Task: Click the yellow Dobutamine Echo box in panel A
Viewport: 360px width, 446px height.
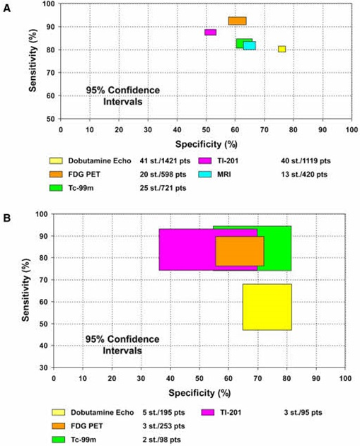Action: [281, 49]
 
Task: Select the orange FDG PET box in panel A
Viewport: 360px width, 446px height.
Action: [237, 20]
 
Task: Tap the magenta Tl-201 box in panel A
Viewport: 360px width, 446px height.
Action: [210, 33]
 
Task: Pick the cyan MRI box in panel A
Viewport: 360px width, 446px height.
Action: [250, 46]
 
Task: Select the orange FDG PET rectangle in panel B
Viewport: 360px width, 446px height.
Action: [239, 251]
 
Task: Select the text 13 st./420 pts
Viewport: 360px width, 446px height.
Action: [305, 173]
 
